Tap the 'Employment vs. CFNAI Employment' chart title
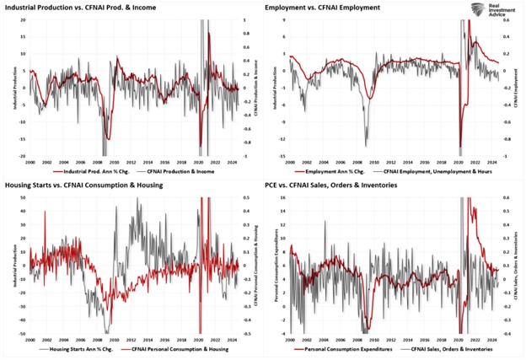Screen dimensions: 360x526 click(x=320, y=7)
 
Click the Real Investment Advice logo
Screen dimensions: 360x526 click(x=490, y=11)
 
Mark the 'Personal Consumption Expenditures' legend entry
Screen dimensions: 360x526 click(x=338, y=348)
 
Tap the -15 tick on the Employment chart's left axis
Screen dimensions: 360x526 click(x=282, y=157)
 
